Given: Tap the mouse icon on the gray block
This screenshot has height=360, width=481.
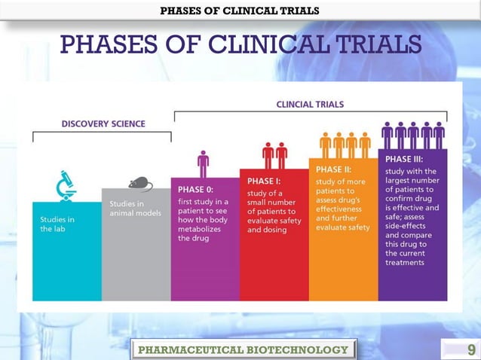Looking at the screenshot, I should pos(139,183).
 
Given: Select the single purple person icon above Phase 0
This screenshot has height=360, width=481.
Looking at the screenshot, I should pos(203,163).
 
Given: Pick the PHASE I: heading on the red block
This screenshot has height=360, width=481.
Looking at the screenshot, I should pos(265,182).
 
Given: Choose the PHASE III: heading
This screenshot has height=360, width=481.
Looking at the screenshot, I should pos(404,160).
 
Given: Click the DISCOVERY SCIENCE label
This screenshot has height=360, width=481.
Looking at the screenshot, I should pos(103,123).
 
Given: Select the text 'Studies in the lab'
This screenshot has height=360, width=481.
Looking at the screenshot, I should pos(57,224).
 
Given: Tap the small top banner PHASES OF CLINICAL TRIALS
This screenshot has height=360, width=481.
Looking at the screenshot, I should pos(240,11).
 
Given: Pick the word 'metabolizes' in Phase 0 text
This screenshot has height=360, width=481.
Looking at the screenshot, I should pos(201,228).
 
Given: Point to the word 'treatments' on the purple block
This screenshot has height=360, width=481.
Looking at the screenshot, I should pos(405,264).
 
